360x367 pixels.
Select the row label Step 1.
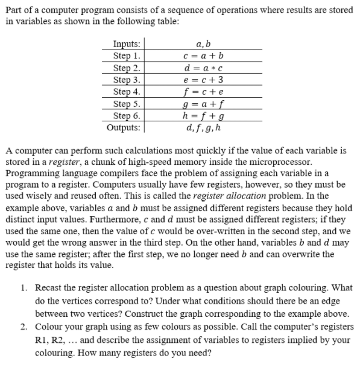(127, 56)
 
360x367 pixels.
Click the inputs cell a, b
(203, 44)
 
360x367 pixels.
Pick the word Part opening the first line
(14, 7)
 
